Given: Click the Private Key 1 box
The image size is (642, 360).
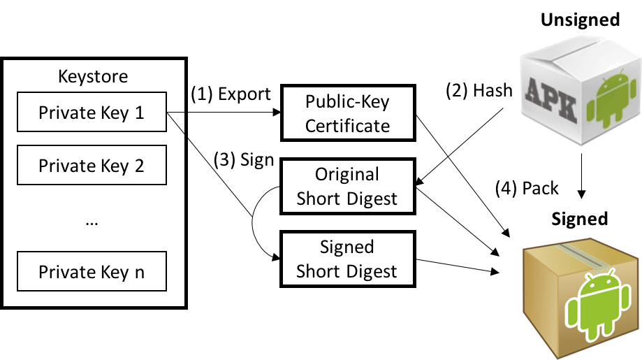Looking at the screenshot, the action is point(92,112).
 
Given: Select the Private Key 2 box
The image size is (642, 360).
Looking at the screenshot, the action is point(92,165).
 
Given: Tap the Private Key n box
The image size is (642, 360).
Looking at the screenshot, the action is point(92,271).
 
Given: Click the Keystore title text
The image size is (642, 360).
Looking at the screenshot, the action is point(93,76).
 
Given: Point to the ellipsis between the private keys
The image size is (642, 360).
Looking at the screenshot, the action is point(92,223).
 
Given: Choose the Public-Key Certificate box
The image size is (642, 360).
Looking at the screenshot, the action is point(348,113).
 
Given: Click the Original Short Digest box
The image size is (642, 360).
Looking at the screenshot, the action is point(348,186).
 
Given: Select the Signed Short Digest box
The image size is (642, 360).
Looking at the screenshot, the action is point(348,259).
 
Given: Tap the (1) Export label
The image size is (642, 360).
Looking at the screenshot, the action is point(231,94).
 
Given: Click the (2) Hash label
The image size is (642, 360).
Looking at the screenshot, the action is point(479,90).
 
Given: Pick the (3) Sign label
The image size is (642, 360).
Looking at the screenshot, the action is point(244,159).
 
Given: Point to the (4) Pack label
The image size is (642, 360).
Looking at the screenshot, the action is point(527,189).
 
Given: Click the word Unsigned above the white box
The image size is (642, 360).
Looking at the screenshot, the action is point(580,20).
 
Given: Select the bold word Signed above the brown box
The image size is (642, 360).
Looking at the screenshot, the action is point(579,219).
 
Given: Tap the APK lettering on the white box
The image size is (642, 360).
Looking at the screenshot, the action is point(550,100).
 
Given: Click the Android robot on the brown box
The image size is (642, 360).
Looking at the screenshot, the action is point(597,305).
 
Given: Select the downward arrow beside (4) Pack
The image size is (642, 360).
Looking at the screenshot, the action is point(581,176).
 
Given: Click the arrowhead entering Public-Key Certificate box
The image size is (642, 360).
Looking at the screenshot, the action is point(277,113).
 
